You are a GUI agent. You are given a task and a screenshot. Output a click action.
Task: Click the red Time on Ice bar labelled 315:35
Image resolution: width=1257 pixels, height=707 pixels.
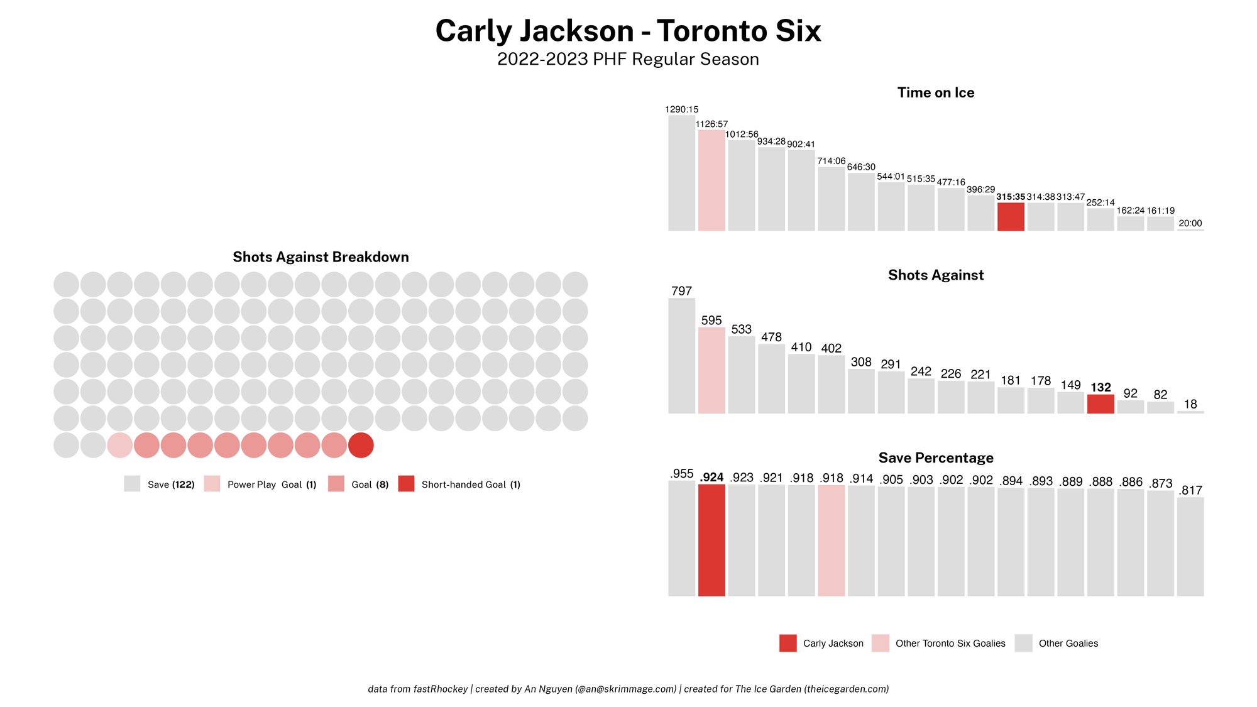point(1011,217)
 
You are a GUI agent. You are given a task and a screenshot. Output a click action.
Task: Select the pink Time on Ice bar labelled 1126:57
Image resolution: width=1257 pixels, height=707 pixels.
point(711,180)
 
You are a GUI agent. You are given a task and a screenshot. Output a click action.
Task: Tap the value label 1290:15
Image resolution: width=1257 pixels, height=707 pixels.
point(681,109)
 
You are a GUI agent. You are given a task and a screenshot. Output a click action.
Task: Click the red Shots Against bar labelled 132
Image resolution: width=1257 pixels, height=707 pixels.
point(1101,404)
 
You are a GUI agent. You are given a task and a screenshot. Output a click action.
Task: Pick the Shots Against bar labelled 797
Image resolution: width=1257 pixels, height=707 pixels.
point(681,356)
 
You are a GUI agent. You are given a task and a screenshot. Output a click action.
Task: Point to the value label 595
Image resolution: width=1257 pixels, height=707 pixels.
point(711,321)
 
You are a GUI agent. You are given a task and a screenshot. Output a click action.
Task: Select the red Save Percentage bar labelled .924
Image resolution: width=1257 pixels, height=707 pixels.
point(711,540)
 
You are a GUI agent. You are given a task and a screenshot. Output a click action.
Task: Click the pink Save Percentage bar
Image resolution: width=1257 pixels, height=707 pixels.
point(831,540)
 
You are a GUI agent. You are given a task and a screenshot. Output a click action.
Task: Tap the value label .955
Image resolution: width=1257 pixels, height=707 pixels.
point(681,474)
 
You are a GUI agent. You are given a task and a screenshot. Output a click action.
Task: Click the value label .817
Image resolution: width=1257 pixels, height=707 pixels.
point(1190,490)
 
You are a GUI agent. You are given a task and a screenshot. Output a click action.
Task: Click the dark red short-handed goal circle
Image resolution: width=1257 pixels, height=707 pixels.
point(361,445)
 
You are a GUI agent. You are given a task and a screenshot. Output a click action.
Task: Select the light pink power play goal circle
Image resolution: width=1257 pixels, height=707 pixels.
point(120,445)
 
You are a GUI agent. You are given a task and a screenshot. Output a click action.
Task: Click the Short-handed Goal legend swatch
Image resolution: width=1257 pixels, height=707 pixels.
point(406,484)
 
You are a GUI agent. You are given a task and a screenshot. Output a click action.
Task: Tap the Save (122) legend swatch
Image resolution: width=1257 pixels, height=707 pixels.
point(132,484)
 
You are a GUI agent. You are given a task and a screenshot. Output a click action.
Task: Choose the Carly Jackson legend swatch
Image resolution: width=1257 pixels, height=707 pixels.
point(788,643)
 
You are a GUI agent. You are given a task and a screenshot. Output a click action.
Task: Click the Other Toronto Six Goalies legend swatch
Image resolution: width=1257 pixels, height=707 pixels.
point(880,643)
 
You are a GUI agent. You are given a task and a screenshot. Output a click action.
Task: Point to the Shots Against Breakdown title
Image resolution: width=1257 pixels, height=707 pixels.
point(321,257)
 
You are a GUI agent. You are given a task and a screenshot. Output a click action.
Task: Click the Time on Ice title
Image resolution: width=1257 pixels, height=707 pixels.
point(935,93)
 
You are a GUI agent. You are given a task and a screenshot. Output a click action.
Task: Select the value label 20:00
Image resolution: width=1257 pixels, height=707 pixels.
point(1190,223)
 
